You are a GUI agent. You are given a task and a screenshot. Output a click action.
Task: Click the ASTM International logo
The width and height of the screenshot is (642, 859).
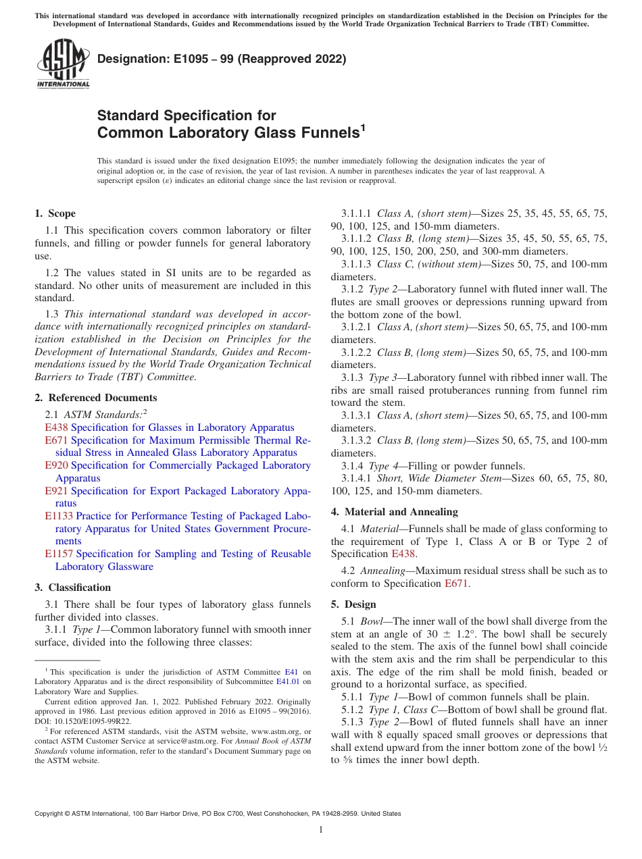(62, 63)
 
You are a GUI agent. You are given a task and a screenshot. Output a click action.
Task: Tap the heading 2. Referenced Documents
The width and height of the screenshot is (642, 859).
(95, 398)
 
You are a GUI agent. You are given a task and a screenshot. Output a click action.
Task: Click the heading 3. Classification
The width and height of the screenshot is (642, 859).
(72, 588)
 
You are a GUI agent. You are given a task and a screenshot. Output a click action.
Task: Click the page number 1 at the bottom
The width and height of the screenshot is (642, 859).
(321, 830)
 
